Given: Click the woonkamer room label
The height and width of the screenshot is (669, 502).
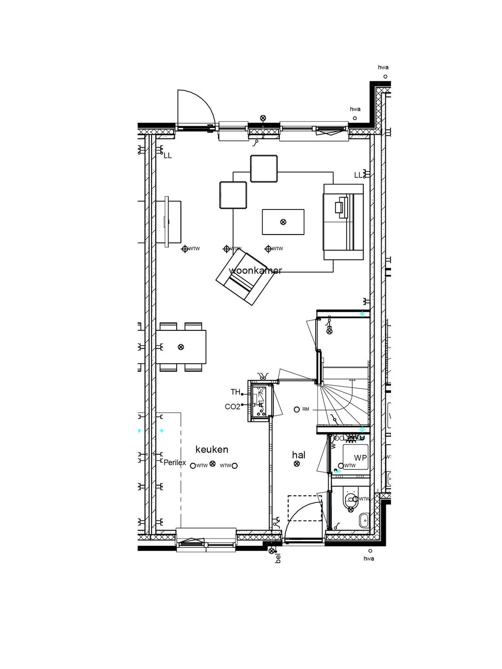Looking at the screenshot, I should tap(255, 270).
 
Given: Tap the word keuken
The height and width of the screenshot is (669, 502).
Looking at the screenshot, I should tap(211, 449).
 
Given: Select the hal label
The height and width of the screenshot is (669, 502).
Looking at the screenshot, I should tap(298, 455).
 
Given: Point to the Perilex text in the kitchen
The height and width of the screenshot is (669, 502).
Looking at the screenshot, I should tap(175, 463).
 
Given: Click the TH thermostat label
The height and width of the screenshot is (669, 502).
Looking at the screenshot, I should tap(235, 392).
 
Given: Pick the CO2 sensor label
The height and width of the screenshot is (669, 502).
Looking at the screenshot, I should tap(232, 407).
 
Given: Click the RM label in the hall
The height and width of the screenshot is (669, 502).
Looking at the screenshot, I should tap(305, 409).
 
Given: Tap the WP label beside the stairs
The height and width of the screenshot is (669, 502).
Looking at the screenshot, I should tap(360, 458).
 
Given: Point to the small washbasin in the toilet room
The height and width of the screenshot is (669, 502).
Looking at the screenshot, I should tap(363, 520).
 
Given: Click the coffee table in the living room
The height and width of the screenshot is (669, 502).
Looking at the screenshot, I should tap(283, 222).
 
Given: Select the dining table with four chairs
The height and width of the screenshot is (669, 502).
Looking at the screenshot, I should tap(181, 347).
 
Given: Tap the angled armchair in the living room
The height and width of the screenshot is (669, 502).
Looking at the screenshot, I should tap(243, 277).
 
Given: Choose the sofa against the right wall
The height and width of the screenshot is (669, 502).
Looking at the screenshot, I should tap(343, 222).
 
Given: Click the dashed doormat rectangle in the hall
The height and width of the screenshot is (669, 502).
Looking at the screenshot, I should tap(304, 508).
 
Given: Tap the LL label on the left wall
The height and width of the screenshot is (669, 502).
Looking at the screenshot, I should tap(167, 156).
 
